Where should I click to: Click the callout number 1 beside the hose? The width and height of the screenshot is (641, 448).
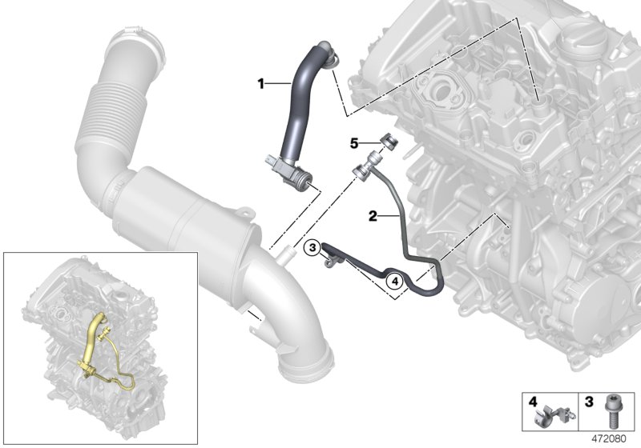(x=260, y=84)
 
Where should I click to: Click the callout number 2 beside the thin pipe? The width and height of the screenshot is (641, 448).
(x=373, y=216)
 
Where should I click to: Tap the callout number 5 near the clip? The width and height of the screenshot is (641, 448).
(x=354, y=143)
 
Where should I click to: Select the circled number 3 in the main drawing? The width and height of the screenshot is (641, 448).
(x=312, y=247)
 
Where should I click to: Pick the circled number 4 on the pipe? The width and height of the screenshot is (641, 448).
(x=394, y=281)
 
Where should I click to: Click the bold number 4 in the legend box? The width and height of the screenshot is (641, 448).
(x=533, y=402)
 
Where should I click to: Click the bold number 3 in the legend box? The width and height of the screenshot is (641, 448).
(x=589, y=402)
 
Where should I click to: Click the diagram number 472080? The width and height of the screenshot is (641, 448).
(x=609, y=439)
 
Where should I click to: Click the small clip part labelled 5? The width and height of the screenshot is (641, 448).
(x=389, y=141)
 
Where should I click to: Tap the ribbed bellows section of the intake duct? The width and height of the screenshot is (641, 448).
(x=112, y=113)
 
